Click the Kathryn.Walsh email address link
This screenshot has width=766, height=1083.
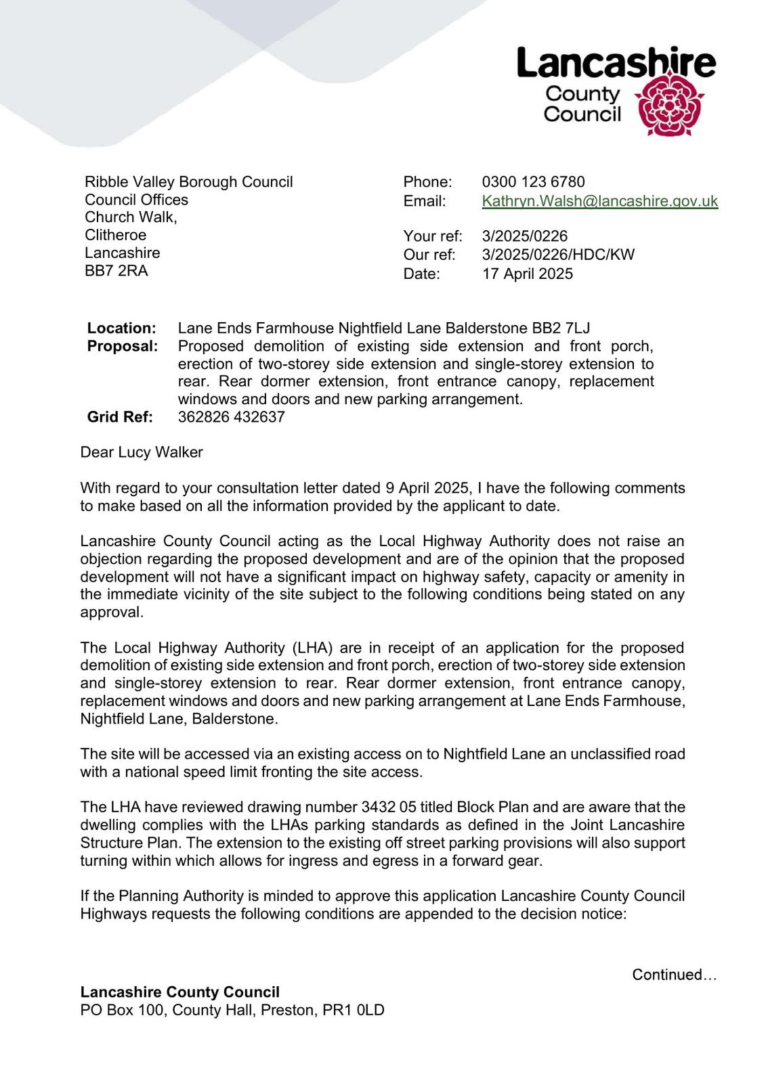599,201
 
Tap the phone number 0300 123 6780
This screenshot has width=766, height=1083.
533,182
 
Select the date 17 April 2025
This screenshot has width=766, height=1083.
527,274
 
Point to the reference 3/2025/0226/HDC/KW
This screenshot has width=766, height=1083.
558,255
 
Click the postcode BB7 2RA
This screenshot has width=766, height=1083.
116,271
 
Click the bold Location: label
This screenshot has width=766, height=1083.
121,328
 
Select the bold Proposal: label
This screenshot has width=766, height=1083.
123,347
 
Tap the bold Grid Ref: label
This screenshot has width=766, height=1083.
120,417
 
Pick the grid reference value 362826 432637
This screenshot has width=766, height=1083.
231,417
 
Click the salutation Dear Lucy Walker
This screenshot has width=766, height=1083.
142,452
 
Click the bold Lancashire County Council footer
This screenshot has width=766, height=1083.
179,992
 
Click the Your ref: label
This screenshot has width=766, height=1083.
432,236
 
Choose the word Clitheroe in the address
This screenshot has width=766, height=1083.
115,235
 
